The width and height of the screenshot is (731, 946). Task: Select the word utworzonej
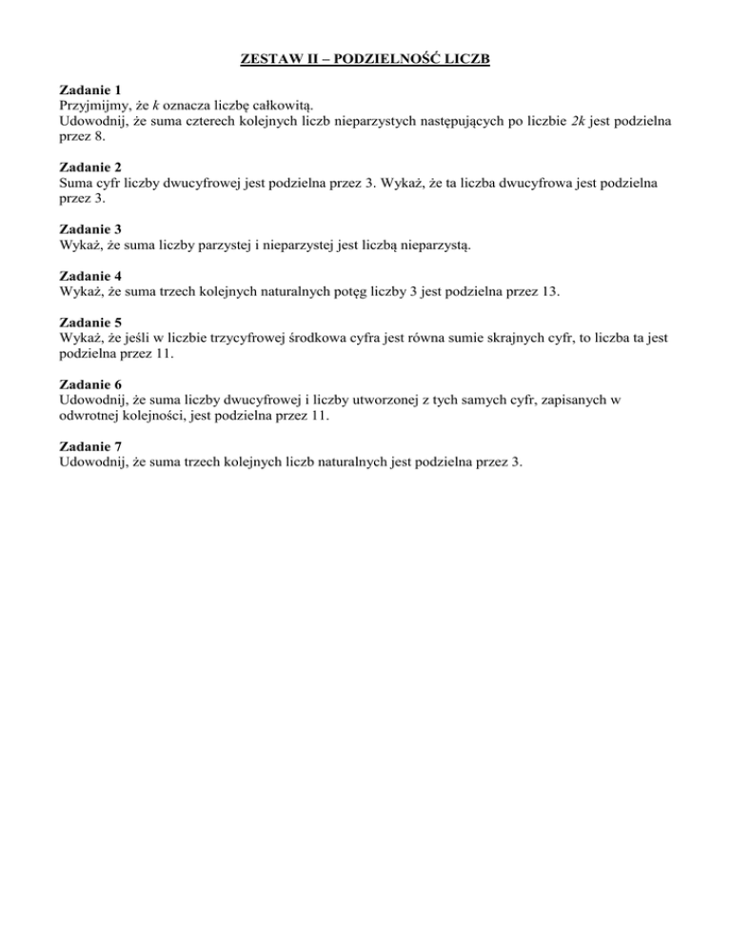click(386, 401)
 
